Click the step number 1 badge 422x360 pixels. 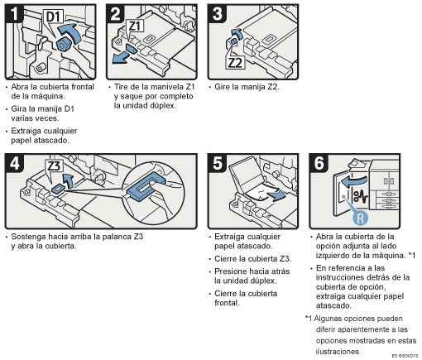pos(14,14)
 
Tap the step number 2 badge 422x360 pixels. pos(115,14)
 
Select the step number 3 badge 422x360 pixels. pos(217,14)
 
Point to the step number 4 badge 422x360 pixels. pos(14,163)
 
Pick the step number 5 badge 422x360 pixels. pos(218,163)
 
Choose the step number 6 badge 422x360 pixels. pos(319,163)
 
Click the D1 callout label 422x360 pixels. pos(53,17)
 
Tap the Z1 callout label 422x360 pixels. pos(135,26)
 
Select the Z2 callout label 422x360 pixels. pos(235,63)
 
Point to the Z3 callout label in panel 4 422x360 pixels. pos(54,166)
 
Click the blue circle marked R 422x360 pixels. pos(360,218)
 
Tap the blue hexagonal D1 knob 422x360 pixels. pos(64,45)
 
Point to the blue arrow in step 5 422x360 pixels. pos(276,195)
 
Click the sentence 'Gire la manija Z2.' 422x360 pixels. pos(247,87)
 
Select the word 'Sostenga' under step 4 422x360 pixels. pos(28,237)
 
